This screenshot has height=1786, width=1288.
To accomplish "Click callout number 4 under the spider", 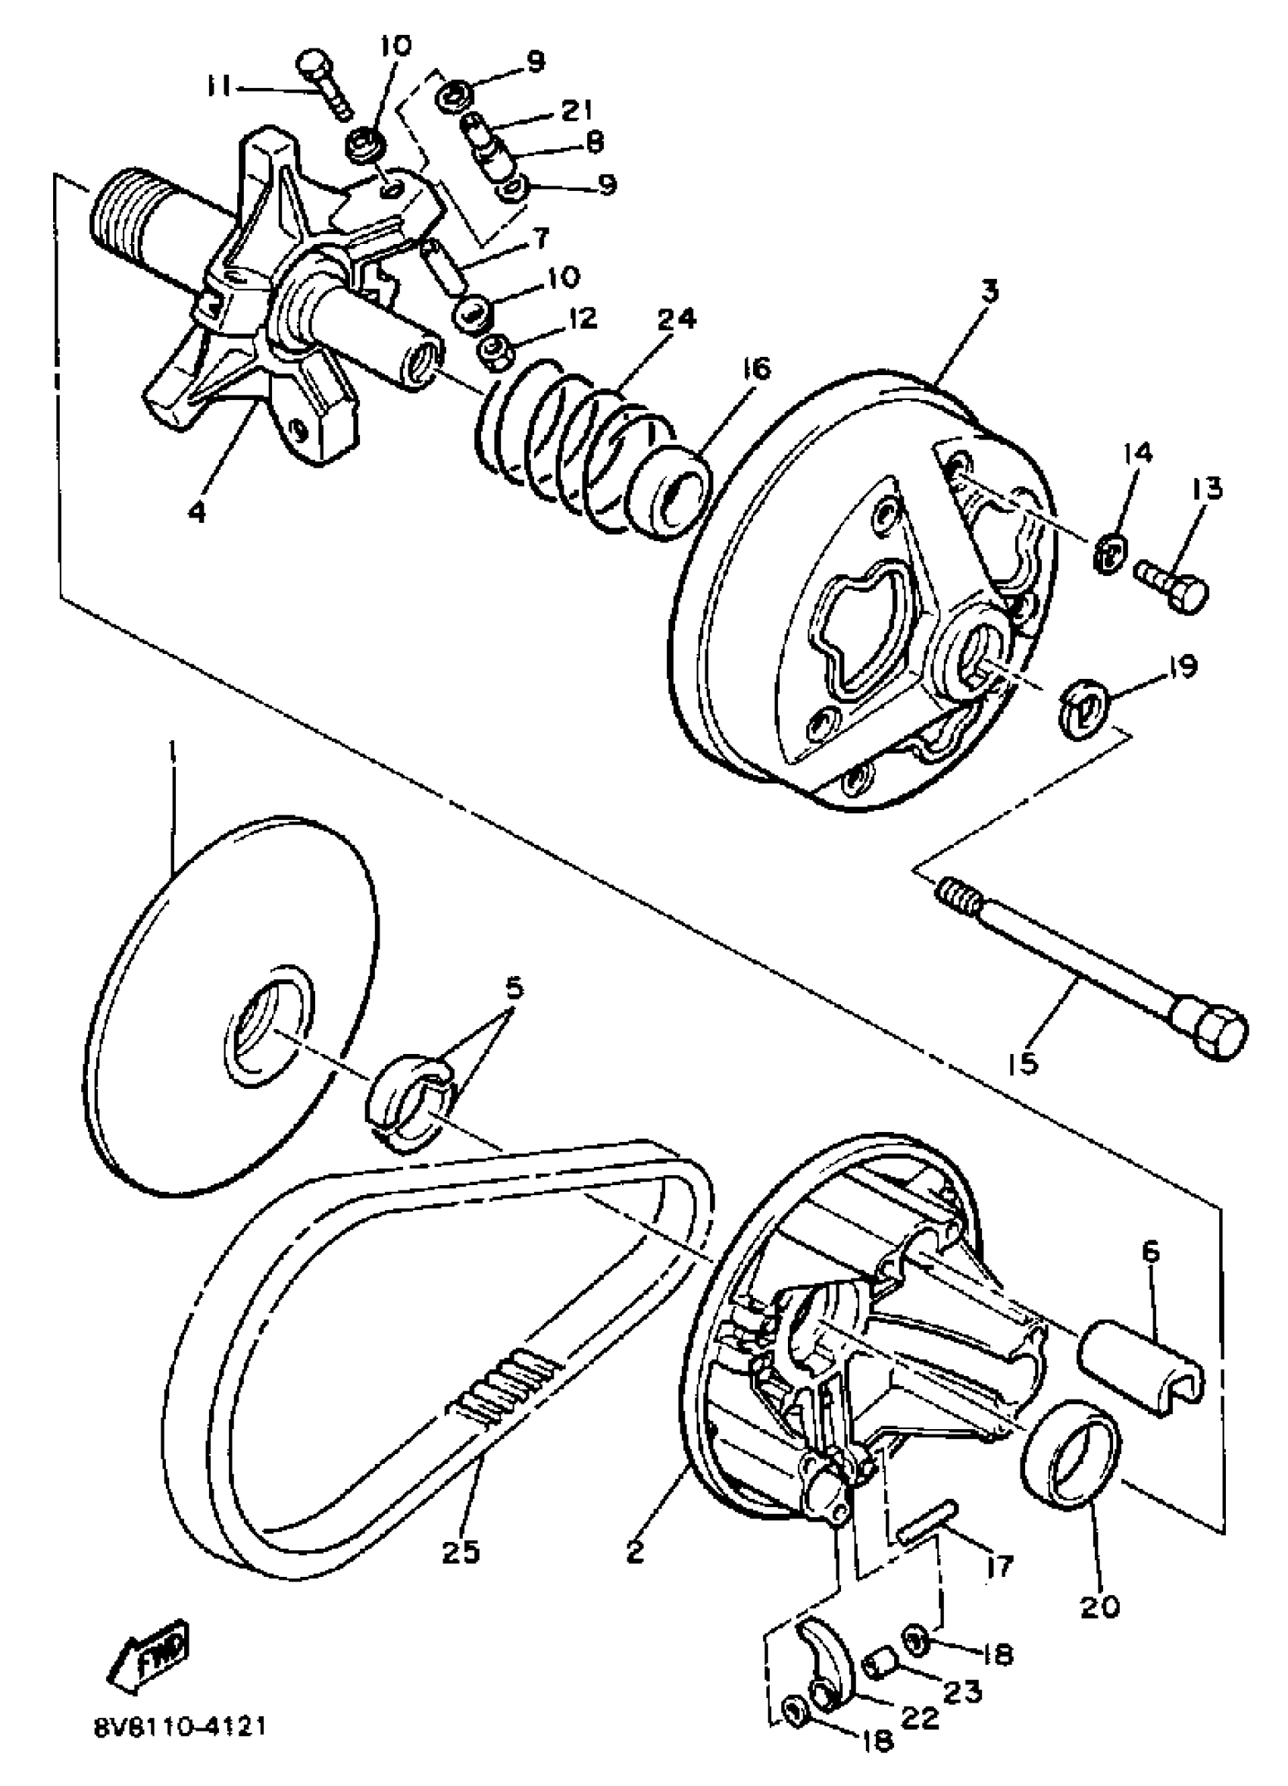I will [197, 512].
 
